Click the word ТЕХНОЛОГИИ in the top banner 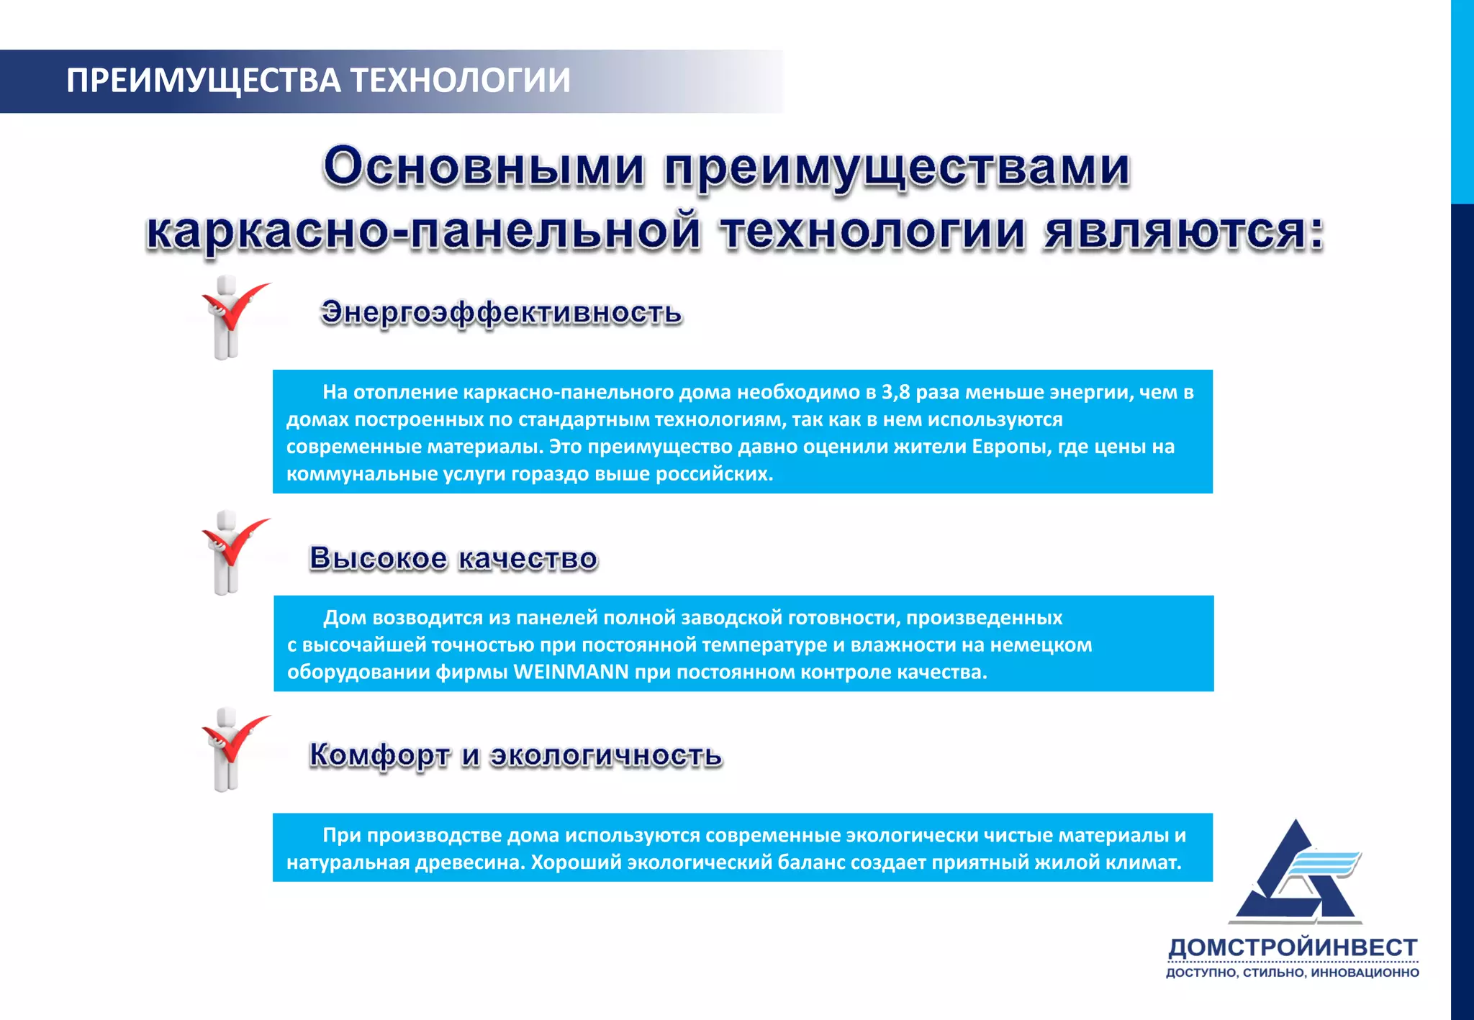point(461,81)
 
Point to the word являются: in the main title point(1184,232)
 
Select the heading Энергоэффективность point(501,313)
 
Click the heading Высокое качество point(453,558)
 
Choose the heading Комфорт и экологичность point(515,755)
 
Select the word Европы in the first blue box point(1005,447)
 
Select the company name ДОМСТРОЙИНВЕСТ point(1293,947)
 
